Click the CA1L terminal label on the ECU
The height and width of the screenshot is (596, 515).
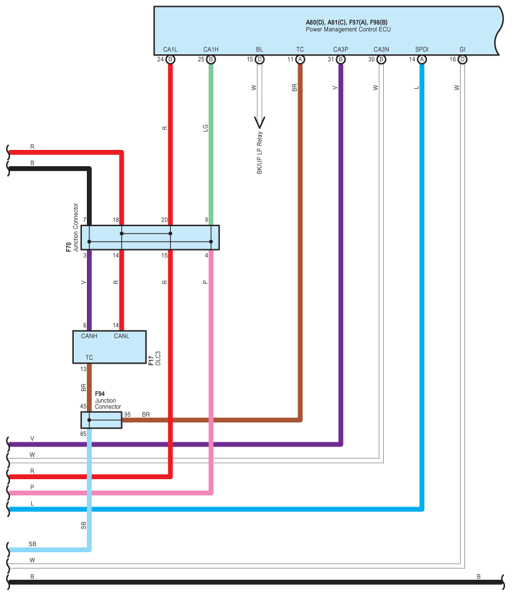[170, 49]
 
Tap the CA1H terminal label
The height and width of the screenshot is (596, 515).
[211, 49]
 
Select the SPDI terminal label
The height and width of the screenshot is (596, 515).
[422, 49]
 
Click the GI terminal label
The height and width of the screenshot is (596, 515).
[462, 49]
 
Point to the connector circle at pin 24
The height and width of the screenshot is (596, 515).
[171, 59]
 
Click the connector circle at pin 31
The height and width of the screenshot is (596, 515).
[341, 59]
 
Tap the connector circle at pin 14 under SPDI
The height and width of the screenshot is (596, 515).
[422, 59]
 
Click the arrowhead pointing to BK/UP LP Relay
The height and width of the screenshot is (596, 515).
[260, 122]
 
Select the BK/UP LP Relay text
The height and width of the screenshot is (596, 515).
[260, 153]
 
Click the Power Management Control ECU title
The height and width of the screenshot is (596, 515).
[348, 29]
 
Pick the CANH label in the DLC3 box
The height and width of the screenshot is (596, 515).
[89, 336]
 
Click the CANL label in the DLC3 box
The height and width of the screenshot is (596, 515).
[122, 336]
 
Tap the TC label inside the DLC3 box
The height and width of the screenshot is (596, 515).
[89, 358]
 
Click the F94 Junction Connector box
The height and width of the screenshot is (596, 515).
[101, 420]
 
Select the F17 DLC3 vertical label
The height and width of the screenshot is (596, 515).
[154, 359]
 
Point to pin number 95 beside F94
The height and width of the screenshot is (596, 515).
[127, 414]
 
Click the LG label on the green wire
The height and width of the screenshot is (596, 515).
[206, 128]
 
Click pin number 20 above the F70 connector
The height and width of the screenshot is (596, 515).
[164, 220]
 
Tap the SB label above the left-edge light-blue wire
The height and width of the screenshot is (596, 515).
[32, 544]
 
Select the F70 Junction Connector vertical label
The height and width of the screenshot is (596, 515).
[72, 227]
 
